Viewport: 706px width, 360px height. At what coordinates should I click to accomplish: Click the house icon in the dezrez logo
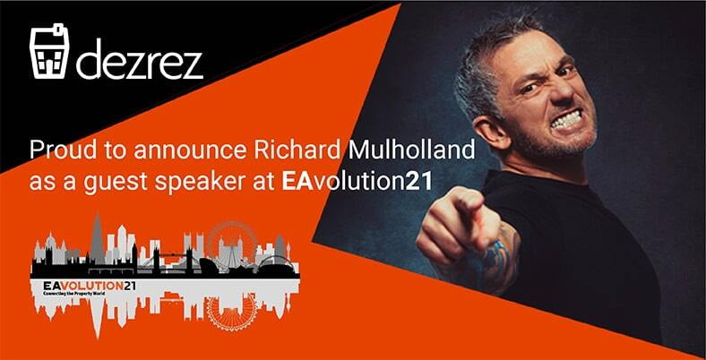click(x=51, y=55)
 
